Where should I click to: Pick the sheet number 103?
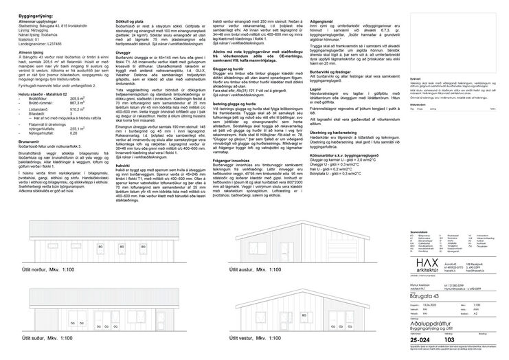pos(451,339)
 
